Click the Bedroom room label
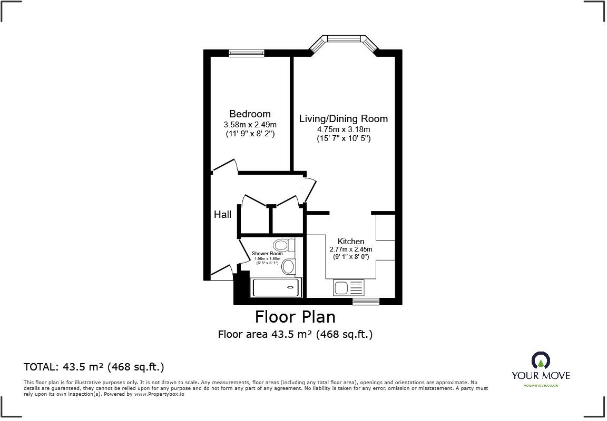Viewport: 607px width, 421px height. tap(250, 114)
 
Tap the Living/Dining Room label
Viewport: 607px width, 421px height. tap(343, 119)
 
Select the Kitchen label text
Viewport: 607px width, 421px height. tap(350, 242)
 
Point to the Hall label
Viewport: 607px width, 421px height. tap(222, 215)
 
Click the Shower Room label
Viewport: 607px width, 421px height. tap(267, 254)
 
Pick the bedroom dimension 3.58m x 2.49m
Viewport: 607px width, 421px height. tap(250, 125)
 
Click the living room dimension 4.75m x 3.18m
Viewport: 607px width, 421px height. tap(343, 129)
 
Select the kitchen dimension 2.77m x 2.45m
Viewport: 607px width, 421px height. tap(350, 249)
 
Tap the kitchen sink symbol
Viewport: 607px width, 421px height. tap(348, 288)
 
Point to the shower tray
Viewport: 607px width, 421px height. tap(276, 287)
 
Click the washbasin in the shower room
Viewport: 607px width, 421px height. tap(288, 266)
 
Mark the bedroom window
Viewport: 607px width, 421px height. tap(246, 53)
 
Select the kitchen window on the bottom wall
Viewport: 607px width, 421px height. tap(366, 302)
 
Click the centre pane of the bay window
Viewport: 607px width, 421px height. tap(344, 38)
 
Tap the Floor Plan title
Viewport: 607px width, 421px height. tap(295, 317)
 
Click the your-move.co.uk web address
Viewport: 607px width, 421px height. tap(541, 385)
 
